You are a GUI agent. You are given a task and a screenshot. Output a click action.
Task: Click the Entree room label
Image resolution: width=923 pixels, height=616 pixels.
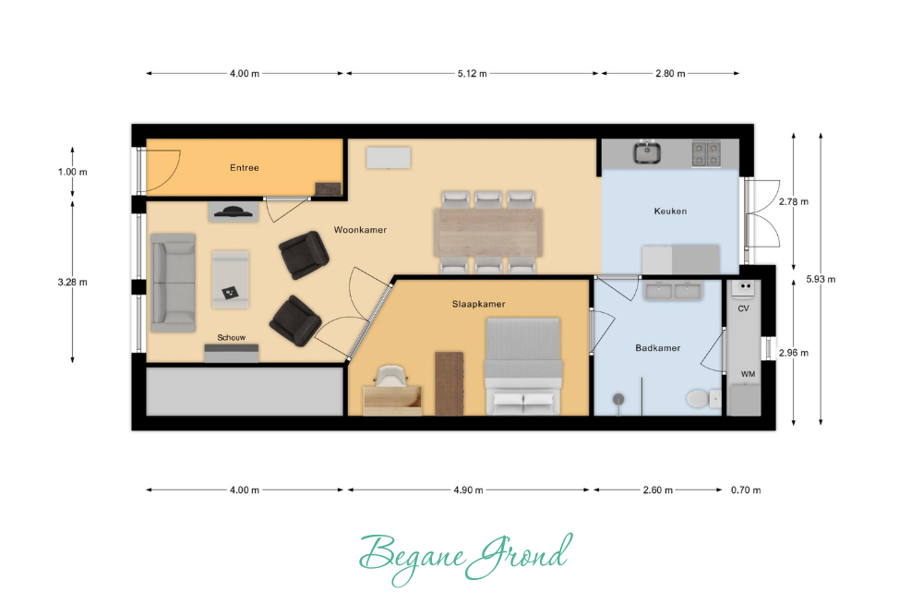click(x=245, y=168)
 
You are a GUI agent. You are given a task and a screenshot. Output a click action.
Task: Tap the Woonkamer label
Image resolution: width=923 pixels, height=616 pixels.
click(x=360, y=230)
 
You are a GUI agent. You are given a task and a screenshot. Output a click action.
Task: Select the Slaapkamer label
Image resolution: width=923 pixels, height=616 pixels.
click(x=478, y=304)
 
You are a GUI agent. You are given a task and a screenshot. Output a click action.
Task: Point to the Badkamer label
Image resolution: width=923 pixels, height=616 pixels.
click(x=657, y=348)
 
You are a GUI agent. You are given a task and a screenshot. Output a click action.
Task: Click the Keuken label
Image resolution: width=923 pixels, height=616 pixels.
click(x=670, y=211)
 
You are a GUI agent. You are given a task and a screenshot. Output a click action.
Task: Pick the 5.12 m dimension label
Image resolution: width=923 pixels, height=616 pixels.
click(x=472, y=74)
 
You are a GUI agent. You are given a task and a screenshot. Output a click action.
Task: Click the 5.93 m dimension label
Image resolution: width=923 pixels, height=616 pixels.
click(x=821, y=279)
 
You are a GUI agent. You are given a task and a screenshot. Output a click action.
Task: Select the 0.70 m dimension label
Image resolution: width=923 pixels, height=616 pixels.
click(x=746, y=490)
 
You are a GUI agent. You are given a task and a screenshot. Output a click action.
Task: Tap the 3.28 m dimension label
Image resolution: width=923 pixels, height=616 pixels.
click(x=72, y=282)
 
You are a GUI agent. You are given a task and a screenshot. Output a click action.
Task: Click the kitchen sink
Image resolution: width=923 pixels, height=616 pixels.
click(x=647, y=152)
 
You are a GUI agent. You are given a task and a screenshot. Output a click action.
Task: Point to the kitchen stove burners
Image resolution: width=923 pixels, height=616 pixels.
click(x=706, y=153)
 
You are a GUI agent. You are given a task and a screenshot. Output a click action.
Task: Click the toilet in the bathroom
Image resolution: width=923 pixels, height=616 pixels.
click(x=702, y=399)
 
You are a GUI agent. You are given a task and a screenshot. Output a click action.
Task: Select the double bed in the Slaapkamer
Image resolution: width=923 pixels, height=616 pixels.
click(x=522, y=367)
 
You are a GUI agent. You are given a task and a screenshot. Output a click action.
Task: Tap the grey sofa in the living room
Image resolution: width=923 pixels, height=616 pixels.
click(x=174, y=284)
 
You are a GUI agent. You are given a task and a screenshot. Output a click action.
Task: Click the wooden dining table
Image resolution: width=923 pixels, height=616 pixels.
click(x=488, y=232)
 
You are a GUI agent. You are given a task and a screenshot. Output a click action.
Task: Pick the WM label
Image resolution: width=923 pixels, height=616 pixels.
click(x=748, y=374)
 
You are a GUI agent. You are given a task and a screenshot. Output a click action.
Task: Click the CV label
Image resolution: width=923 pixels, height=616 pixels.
click(x=743, y=308)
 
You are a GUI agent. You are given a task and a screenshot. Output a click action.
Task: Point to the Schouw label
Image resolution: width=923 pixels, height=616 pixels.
click(x=232, y=337)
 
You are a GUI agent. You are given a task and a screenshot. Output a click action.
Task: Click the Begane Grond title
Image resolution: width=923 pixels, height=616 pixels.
click(x=465, y=557)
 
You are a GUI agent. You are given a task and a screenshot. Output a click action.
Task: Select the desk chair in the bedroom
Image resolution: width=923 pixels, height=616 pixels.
click(x=390, y=376)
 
